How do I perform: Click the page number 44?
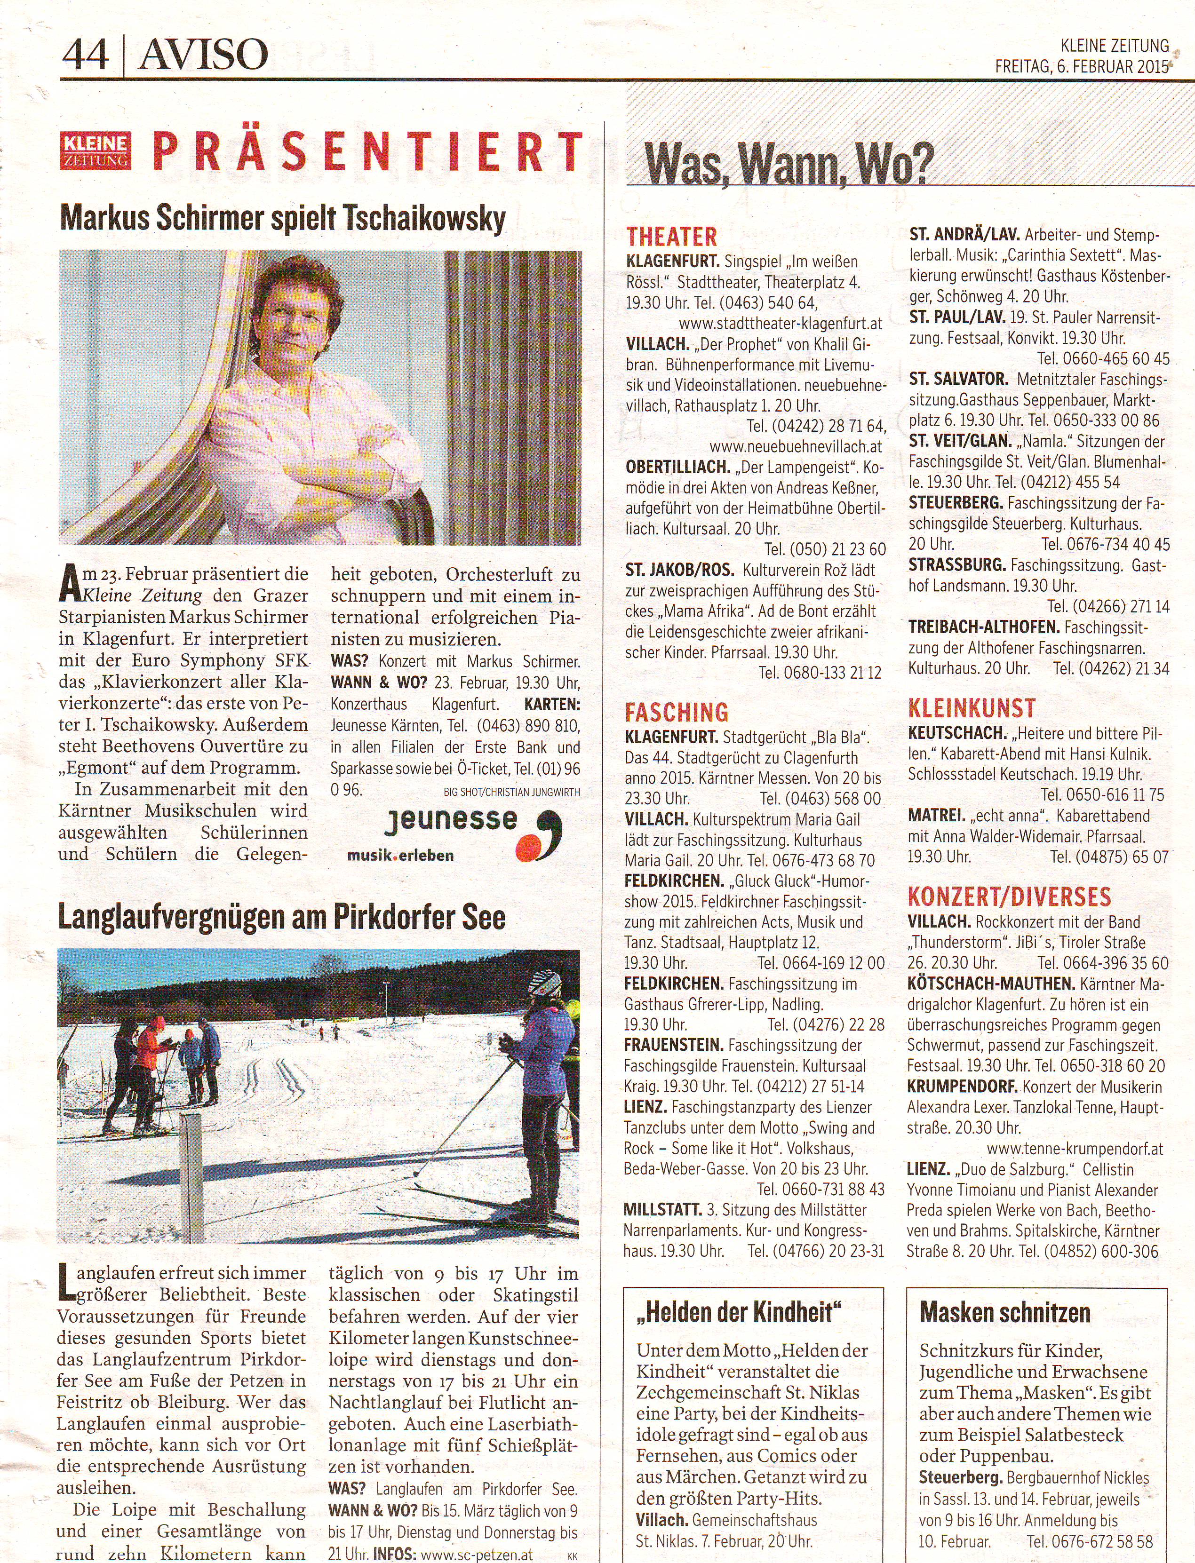click(x=85, y=54)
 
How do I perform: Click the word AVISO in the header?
click(x=203, y=54)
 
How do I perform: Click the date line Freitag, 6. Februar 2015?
click(x=1081, y=67)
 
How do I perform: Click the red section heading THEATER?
click(x=671, y=236)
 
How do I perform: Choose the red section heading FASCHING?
click(x=677, y=712)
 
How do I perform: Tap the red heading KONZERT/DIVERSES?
click(x=1009, y=897)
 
